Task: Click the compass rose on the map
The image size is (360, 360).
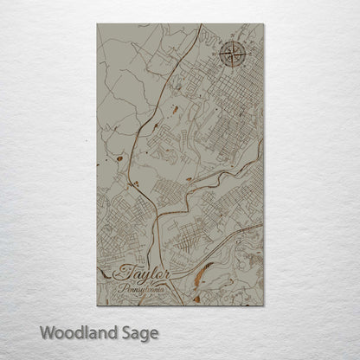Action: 233,55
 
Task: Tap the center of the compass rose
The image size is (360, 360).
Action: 233,55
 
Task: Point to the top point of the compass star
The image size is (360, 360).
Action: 233,41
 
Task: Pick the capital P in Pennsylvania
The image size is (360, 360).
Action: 125,287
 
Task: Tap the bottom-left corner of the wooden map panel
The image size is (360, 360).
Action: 98,305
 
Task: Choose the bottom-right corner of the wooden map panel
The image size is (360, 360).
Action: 262,305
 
